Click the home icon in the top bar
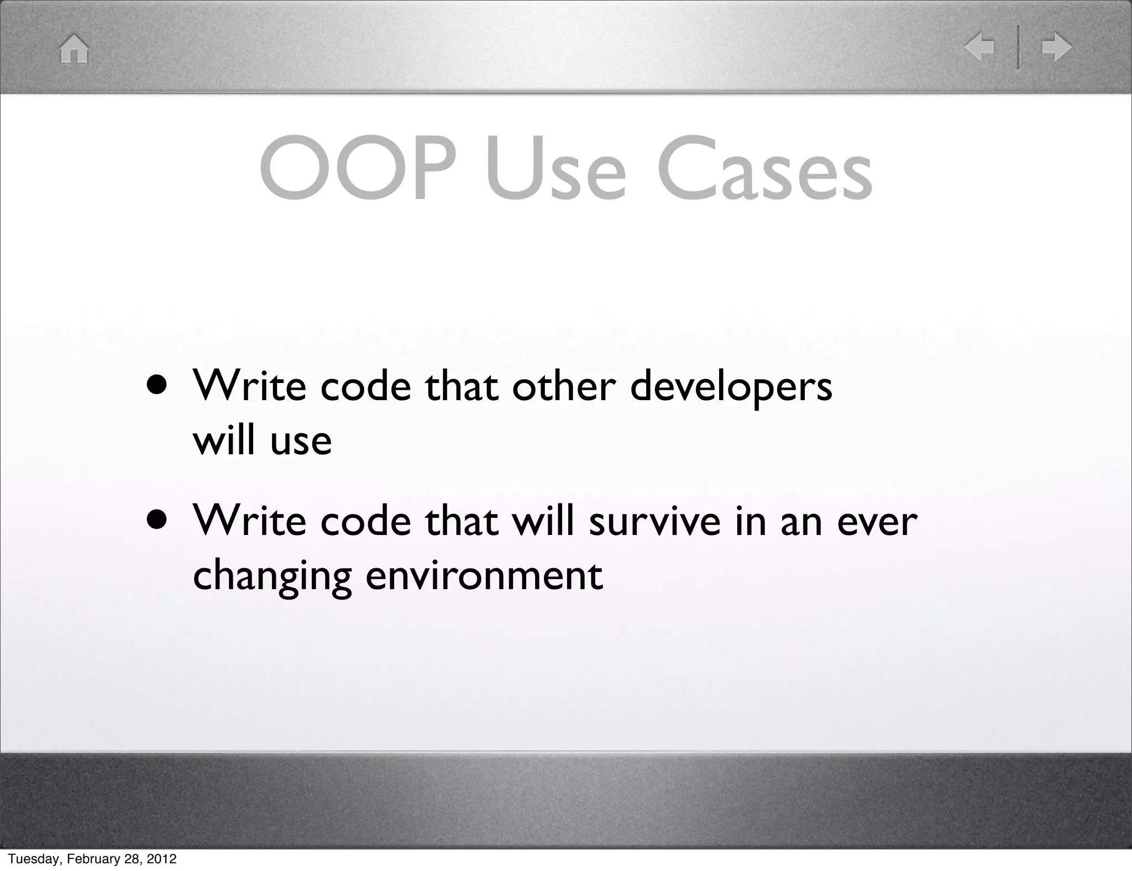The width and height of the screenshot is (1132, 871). (74, 49)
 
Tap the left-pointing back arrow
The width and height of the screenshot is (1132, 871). (979, 47)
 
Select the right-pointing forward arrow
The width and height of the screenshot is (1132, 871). (1056, 47)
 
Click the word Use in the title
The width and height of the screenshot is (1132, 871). (556, 169)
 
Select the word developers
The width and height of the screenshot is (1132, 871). (731, 387)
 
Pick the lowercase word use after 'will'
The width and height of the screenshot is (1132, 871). (301, 441)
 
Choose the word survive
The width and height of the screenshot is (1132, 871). (654, 521)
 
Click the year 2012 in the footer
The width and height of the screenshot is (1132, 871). (161, 859)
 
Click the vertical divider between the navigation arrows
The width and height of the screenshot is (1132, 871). (1018, 47)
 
